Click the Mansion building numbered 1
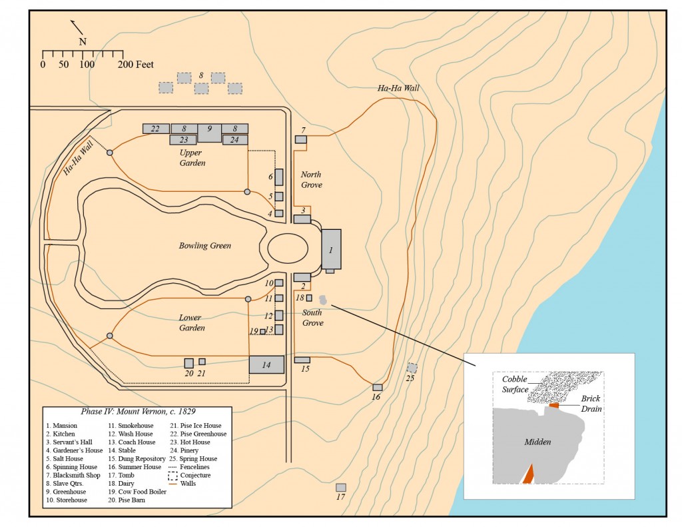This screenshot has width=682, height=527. point(331,249)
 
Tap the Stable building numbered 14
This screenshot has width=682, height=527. point(262,364)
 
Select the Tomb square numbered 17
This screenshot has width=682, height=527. point(341,488)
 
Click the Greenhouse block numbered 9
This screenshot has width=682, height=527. point(209,132)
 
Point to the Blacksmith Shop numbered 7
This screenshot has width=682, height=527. point(301,139)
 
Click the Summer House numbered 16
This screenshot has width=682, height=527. point(377,387)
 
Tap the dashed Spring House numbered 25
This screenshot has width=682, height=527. point(412,368)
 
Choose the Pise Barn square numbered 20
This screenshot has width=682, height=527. point(189,363)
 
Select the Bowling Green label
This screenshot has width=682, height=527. point(204,246)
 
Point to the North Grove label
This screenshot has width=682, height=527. point(311,179)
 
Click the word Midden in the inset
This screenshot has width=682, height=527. point(538,442)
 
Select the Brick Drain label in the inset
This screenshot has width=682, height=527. point(589,403)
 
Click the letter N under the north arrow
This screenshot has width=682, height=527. point(83,41)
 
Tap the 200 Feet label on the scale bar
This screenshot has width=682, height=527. point(136,65)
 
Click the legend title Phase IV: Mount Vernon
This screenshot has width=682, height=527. point(137,412)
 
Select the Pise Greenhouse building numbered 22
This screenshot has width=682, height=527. point(155,129)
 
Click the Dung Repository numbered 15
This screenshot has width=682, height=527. point(302,360)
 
